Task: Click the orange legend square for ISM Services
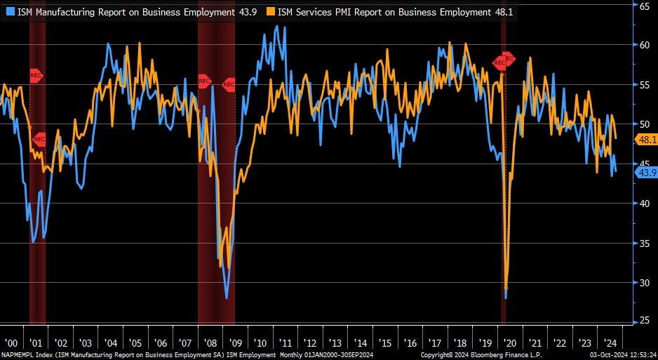[271, 11]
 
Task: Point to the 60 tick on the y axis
[643, 45]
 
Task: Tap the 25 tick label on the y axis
[643, 321]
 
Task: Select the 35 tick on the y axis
[643, 243]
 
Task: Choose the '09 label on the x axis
[236, 343]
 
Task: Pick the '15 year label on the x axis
[385, 343]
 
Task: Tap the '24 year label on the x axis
[609, 343]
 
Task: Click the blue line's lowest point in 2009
[227, 298]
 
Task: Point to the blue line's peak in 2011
[279, 27]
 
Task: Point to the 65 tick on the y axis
[643, 6]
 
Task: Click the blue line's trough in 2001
[34, 242]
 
